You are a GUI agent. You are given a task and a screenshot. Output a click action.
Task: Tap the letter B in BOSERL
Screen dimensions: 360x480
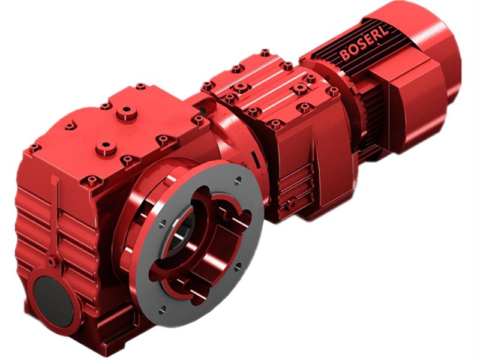[x=344, y=56]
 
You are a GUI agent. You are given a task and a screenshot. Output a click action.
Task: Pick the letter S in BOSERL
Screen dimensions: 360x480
[x=358, y=47]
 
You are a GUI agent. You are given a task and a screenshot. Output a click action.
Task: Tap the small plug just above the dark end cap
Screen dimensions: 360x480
[x=53, y=262]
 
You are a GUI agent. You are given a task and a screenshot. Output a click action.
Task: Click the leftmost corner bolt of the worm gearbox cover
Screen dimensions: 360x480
[x=34, y=147]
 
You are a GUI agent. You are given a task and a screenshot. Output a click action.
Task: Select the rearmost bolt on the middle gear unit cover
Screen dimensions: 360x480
[x=265, y=53]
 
